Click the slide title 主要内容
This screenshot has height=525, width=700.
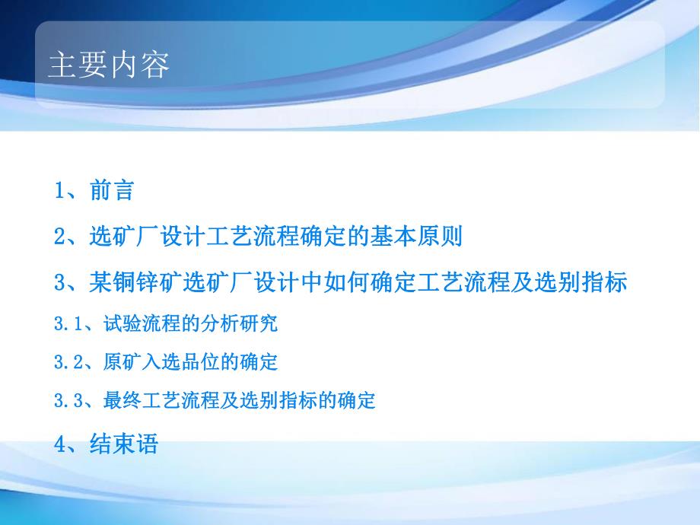coord(109,65)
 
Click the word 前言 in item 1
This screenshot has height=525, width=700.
coord(112,191)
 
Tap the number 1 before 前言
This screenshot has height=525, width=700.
coord(60,191)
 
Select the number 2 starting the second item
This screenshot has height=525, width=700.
coord(60,237)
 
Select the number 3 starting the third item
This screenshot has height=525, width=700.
coord(60,283)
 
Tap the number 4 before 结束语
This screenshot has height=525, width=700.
coord(60,444)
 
